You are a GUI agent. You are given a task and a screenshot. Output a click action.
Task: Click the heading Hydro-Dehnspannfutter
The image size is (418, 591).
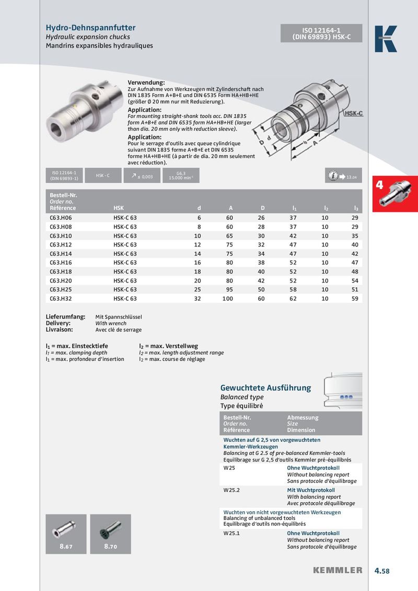[x=91, y=27]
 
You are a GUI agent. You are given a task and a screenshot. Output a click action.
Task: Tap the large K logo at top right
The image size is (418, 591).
[x=386, y=39]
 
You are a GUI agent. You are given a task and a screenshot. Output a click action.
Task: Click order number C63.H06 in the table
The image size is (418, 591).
[x=61, y=218]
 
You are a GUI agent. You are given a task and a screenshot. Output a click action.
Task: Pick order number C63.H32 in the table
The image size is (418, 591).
[x=61, y=299]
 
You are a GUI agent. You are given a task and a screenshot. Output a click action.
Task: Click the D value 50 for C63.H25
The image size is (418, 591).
[x=261, y=290]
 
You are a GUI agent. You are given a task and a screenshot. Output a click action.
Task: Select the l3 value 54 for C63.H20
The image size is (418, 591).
[x=355, y=281]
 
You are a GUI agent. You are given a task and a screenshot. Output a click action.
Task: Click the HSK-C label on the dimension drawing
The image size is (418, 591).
[x=353, y=113]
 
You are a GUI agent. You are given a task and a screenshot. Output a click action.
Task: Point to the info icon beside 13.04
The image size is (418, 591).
[x=332, y=176]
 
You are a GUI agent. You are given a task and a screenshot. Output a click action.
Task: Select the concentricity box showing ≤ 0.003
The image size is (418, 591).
[x=142, y=176]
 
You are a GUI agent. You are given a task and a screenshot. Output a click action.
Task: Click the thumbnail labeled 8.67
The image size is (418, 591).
[x=66, y=534]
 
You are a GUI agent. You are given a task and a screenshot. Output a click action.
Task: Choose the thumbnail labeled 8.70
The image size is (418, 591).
[x=110, y=534]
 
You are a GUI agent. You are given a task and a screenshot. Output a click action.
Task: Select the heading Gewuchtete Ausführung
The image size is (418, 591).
[x=265, y=388]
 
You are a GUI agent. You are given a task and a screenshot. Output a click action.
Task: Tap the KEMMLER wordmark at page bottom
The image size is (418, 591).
[x=338, y=570]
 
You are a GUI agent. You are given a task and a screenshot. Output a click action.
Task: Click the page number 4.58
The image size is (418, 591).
[x=382, y=571]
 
